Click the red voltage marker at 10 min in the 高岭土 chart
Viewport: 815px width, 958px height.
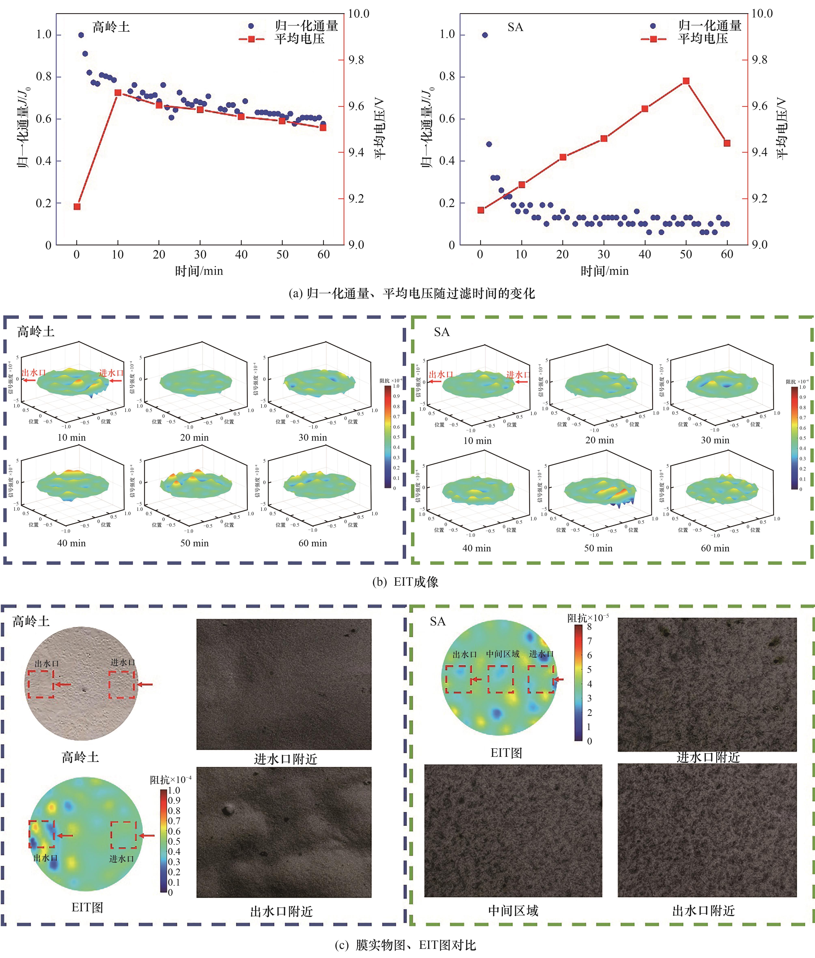point(118,92)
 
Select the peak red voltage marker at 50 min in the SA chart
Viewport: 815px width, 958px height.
point(686,81)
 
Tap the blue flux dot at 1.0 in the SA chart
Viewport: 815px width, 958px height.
point(485,35)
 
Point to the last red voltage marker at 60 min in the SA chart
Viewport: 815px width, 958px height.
point(727,143)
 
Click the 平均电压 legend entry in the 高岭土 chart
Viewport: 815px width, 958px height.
point(299,39)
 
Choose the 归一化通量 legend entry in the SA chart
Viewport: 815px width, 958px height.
point(709,26)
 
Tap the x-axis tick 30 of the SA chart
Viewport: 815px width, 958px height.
point(603,254)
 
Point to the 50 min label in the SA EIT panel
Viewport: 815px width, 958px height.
point(598,548)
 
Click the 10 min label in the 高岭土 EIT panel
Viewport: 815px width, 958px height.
point(72,437)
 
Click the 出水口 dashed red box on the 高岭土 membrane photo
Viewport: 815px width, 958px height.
point(41,684)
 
